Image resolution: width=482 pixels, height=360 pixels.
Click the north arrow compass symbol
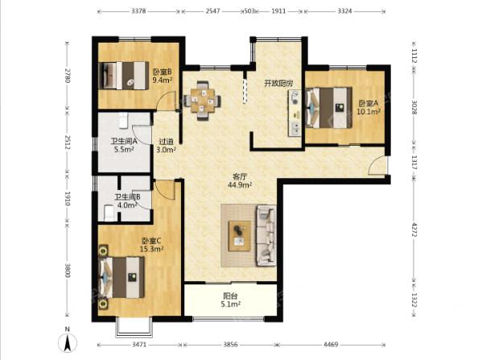point(68,342)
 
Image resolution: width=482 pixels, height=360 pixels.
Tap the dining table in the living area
point(202,101)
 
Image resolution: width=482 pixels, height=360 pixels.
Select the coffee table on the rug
point(240,236)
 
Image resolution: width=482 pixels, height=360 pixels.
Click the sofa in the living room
point(266,236)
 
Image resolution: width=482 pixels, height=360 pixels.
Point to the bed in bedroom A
point(329,108)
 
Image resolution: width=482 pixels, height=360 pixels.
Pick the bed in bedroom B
point(124,76)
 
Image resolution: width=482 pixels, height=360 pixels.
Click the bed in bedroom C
point(122,278)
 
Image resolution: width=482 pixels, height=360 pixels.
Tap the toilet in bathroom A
point(123,120)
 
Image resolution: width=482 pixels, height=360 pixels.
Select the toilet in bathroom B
point(109,213)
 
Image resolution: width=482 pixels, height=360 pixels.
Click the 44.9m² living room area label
point(240,185)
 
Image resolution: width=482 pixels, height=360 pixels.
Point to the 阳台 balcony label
point(230,296)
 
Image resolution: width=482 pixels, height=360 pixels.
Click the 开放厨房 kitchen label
point(278,83)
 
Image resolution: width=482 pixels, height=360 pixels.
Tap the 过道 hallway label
point(166,142)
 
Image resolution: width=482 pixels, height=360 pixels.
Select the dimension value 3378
point(138,11)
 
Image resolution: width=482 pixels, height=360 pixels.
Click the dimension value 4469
point(331,345)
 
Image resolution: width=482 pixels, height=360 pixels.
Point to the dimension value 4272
point(414,230)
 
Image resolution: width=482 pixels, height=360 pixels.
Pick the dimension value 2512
point(68,143)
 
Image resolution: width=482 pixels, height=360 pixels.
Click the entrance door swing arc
point(377,165)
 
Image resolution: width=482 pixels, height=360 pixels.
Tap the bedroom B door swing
point(165,101)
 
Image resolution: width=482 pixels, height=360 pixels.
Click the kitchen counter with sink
point(295,114)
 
